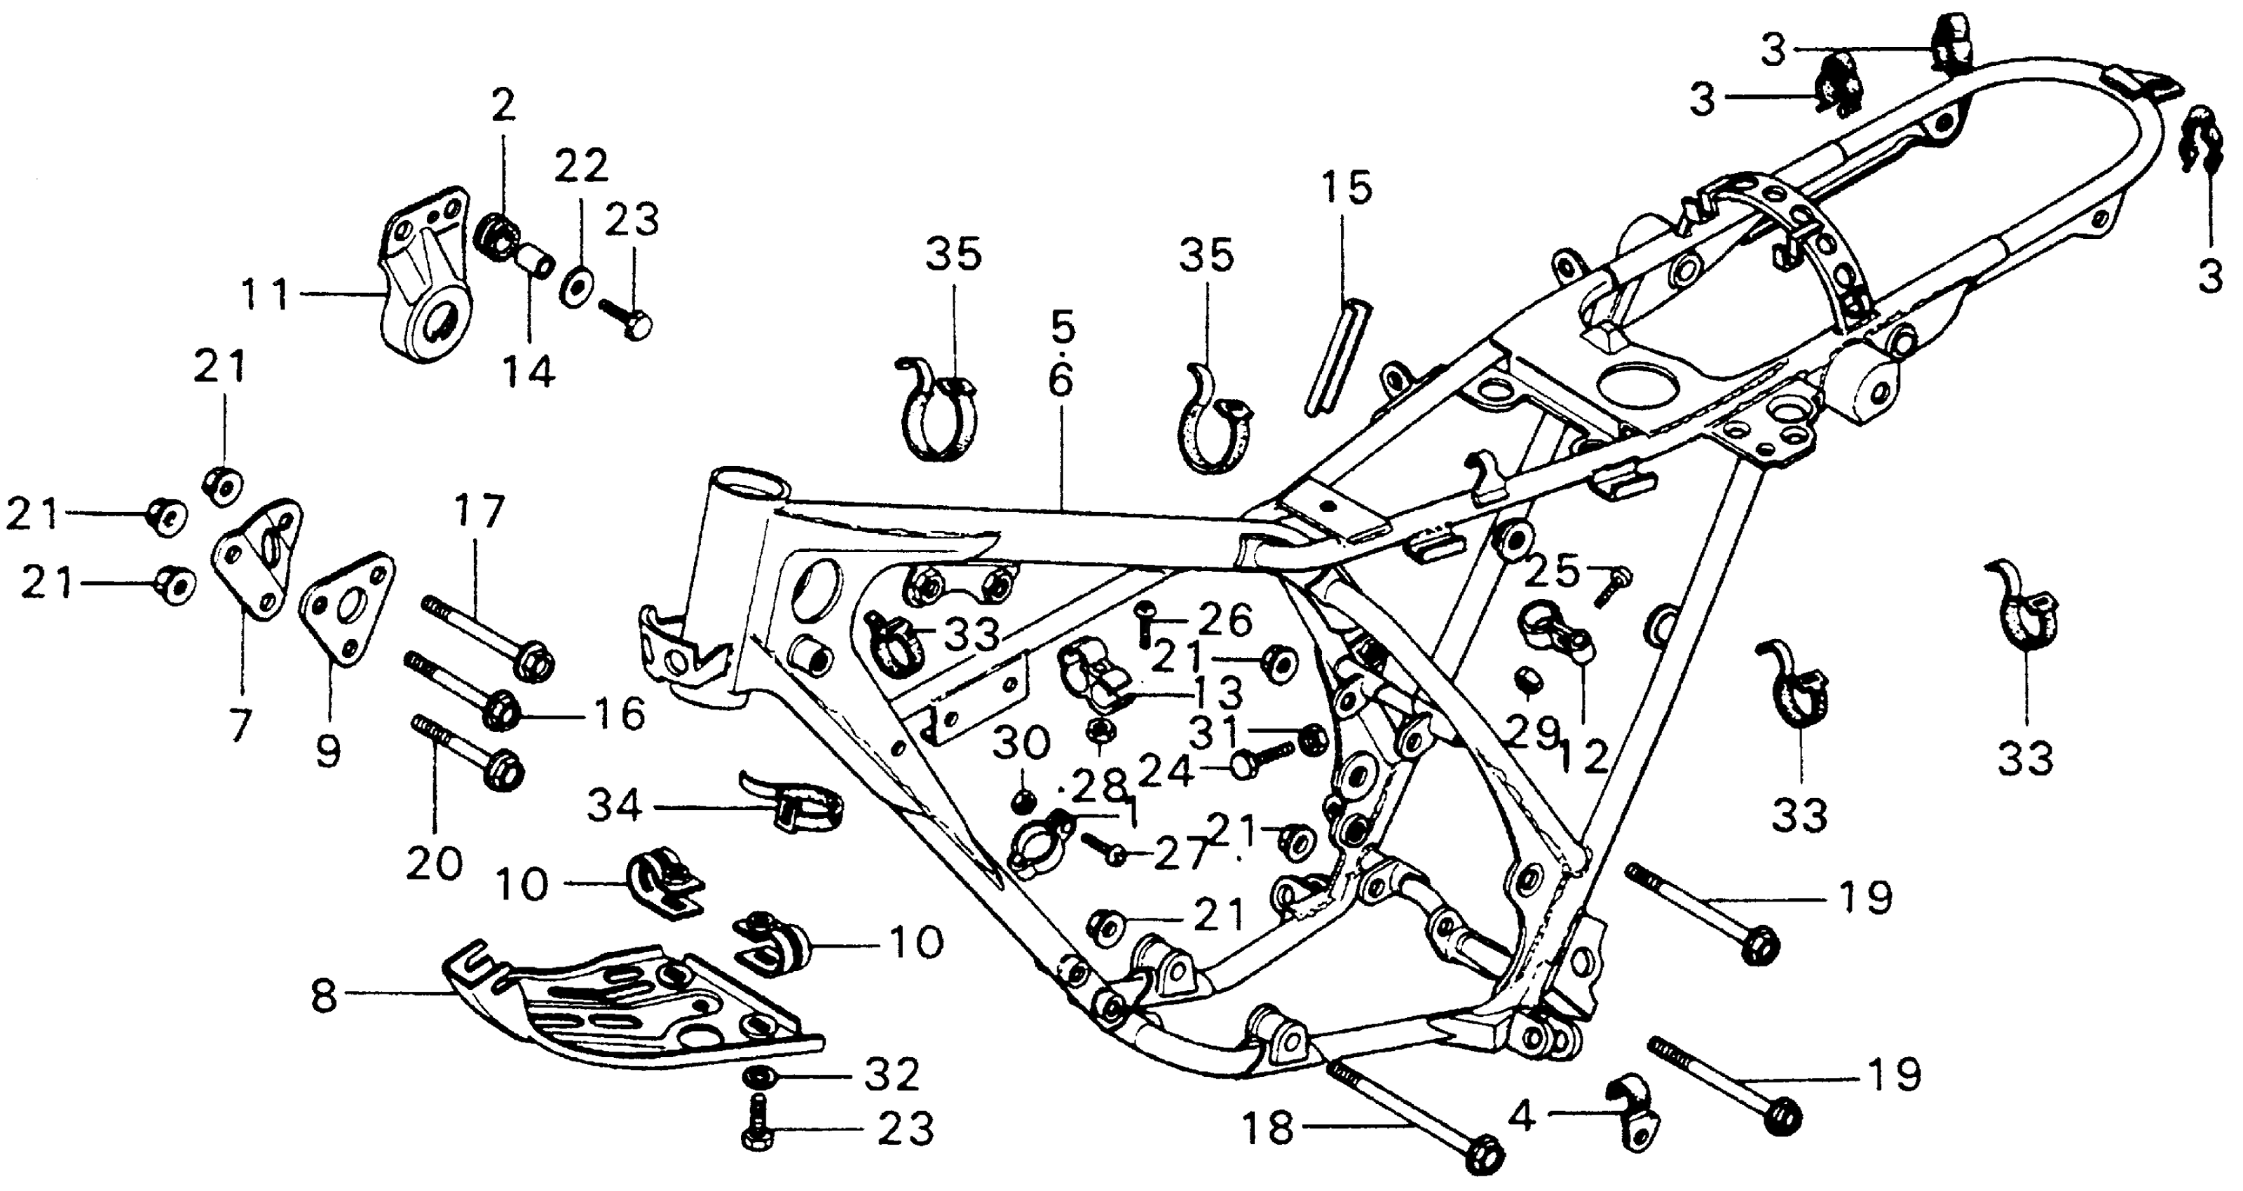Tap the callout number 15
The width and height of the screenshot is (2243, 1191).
tap(1345, 188)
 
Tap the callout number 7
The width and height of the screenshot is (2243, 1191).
tap(240, 724)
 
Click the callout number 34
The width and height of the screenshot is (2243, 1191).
tap(615, 806)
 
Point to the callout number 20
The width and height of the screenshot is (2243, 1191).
tap(435, 865)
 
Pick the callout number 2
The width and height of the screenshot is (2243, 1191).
tap(503, 106)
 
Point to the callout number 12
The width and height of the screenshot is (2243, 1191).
tap(1583, 758)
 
